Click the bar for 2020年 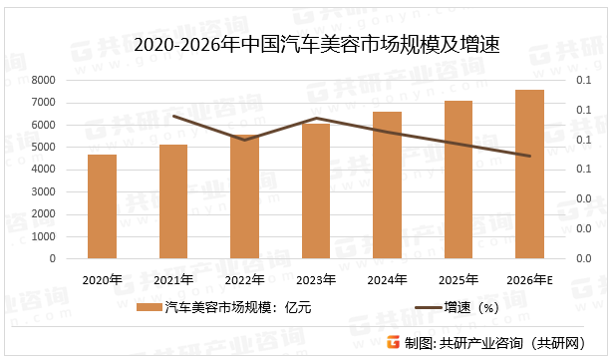102,206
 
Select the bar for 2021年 173,201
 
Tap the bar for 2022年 244,196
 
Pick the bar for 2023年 316,191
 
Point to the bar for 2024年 387,185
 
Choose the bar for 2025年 458,180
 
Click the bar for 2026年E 529,175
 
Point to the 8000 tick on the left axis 43,80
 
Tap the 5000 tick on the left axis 43,147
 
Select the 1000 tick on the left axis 43,236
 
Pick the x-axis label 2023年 316,279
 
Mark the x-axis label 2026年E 529,279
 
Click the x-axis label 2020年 102,279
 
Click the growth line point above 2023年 316,118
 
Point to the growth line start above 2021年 173,116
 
